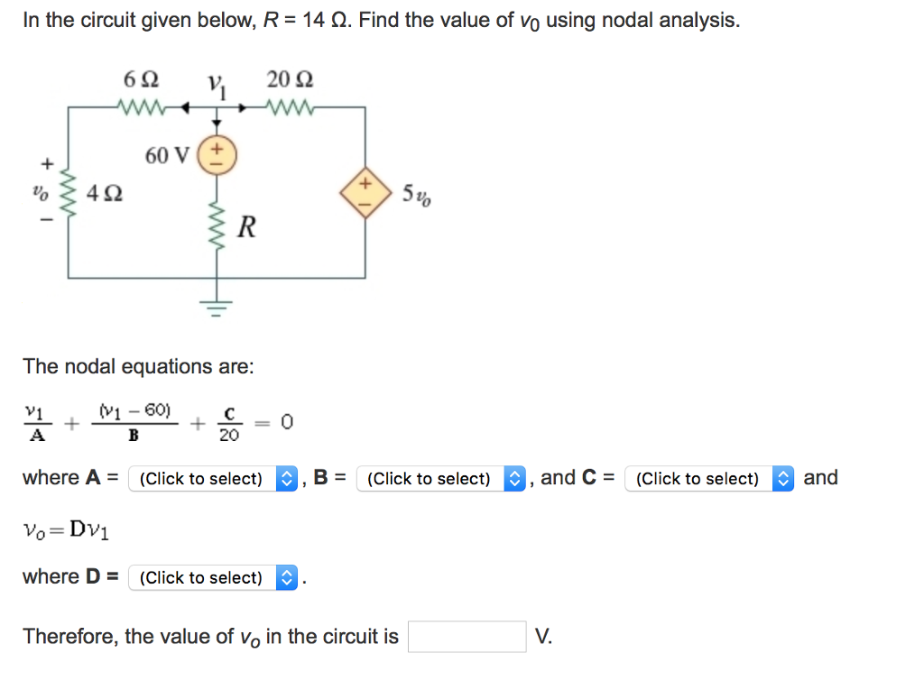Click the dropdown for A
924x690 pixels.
(x=213, y=478)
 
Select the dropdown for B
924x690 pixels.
(x=441, y=478)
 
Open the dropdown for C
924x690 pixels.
(x=709, y=478)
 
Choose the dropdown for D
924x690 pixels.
(x=213, y=577)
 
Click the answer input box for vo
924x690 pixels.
(x=467, y=637)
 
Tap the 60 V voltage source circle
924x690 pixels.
(x=217, y=155)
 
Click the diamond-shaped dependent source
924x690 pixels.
(x=365, y=194)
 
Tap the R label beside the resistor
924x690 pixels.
(x=245, y=227)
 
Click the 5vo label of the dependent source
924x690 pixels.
(x=417, y=195)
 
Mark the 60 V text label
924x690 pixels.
(x=168, y=156)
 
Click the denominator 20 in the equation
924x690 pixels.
(x=229, y=436)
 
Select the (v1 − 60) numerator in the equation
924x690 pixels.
(x=134, y=410)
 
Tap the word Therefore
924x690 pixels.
(x=70, y=637)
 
